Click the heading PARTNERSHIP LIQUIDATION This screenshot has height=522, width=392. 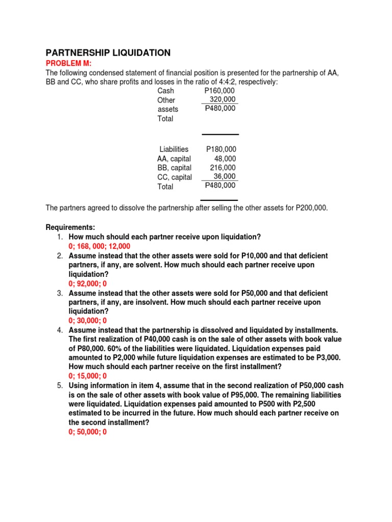point(108,53)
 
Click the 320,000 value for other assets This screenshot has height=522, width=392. point(223,100)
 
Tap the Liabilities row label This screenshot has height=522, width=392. point(174,149)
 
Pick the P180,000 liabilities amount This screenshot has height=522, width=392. point(221,149)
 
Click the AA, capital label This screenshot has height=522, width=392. point(174,159)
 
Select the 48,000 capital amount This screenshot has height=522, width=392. point(225,159)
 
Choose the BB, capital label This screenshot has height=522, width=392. point(174,168)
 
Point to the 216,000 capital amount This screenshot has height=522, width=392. point(223,168)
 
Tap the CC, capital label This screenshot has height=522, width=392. point(175,177)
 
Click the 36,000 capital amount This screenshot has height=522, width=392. point(225,176)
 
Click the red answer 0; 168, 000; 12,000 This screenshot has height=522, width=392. point(100,246)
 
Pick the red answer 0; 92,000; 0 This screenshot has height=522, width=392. point(88,283)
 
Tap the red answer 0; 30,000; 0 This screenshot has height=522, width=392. point(88,321)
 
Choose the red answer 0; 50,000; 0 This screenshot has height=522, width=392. point(88,432)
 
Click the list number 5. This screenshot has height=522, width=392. point(60,385)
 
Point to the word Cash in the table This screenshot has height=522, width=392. point(166,91)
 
